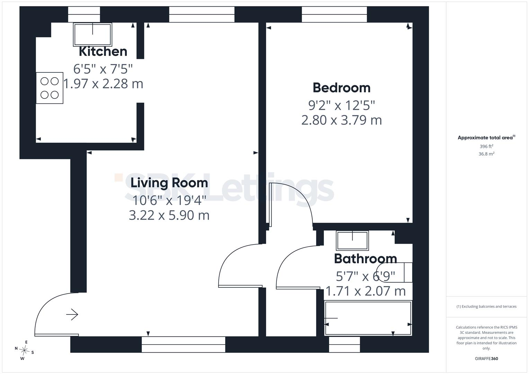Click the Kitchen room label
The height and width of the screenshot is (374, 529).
coord(103,52)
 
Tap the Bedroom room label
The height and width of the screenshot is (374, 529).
coord(342,88)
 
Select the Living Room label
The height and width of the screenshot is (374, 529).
coord(169,183)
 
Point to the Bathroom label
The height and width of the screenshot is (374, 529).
coord(365,259)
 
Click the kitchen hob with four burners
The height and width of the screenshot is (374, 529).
coord(50,88)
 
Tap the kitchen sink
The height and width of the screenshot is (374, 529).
coord(92,35)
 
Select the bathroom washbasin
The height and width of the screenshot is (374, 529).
coord(352,240)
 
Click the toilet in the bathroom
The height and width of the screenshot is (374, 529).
coord(394,272)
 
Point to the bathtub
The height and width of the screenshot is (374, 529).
coord(368,318)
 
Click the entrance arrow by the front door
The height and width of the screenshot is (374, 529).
coord(72,314)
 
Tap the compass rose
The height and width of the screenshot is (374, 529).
coord(24,350)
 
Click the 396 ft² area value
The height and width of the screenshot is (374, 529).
coord(486,146)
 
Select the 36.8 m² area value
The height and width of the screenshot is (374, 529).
coord(486,154)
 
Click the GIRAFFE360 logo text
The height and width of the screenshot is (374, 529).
coord(486,358)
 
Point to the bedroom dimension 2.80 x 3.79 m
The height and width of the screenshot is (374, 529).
coord(342,120)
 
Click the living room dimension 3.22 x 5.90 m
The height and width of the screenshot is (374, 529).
coord(169,215)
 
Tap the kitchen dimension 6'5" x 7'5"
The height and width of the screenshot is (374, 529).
coord(103,69)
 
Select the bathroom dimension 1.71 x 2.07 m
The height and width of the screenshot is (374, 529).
coord(365,291)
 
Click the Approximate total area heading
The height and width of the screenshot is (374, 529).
coord(486,137)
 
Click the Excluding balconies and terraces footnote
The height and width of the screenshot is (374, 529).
coord(486,306)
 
